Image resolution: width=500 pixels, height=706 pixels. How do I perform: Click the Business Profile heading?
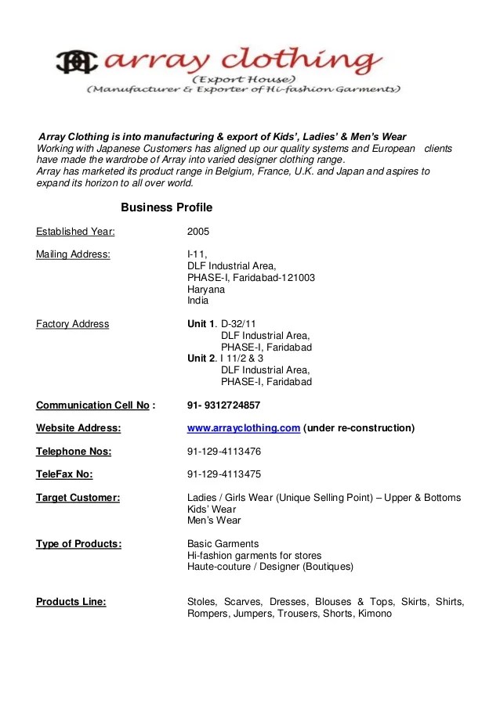166,207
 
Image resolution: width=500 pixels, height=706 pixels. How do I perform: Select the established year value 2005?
198,232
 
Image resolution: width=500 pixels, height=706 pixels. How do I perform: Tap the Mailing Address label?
73,254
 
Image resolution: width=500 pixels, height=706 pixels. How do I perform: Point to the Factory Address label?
73,324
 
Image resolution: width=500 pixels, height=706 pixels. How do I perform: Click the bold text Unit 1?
201,324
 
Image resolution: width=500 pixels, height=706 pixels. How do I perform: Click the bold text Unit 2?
201,358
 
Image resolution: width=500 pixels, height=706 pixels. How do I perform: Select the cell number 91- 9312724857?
223,405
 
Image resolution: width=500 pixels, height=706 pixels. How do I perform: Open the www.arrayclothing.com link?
244,428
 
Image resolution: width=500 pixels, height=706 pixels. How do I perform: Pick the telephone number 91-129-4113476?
224,452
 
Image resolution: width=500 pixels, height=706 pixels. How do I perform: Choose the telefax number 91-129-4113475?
224,474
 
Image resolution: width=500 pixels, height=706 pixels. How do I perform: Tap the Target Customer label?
78,498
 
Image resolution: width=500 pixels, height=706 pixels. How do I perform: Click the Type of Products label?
78,544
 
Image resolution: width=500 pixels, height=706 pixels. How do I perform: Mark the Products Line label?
71,602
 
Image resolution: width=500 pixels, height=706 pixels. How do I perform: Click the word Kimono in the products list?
375,614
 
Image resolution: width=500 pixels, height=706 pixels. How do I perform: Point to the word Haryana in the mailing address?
205,289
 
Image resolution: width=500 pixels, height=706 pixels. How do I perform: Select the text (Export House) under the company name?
244,81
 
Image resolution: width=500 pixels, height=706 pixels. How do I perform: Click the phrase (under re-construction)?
359,428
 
